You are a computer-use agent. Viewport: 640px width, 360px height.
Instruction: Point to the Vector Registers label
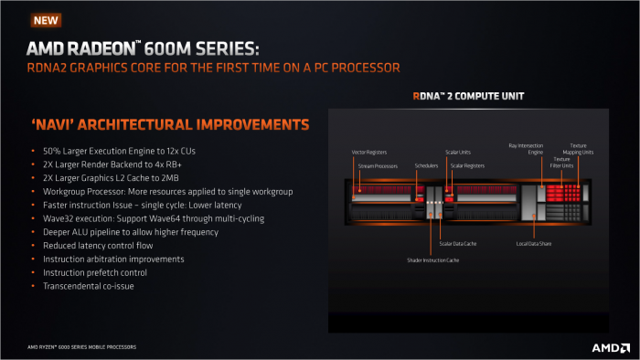click(370, 152)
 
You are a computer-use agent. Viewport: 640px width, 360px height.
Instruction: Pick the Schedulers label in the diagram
click(426, 166)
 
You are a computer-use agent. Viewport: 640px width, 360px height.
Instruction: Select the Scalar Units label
click(458, 152)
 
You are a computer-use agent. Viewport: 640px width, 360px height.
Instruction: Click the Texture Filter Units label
click(561, 162)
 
